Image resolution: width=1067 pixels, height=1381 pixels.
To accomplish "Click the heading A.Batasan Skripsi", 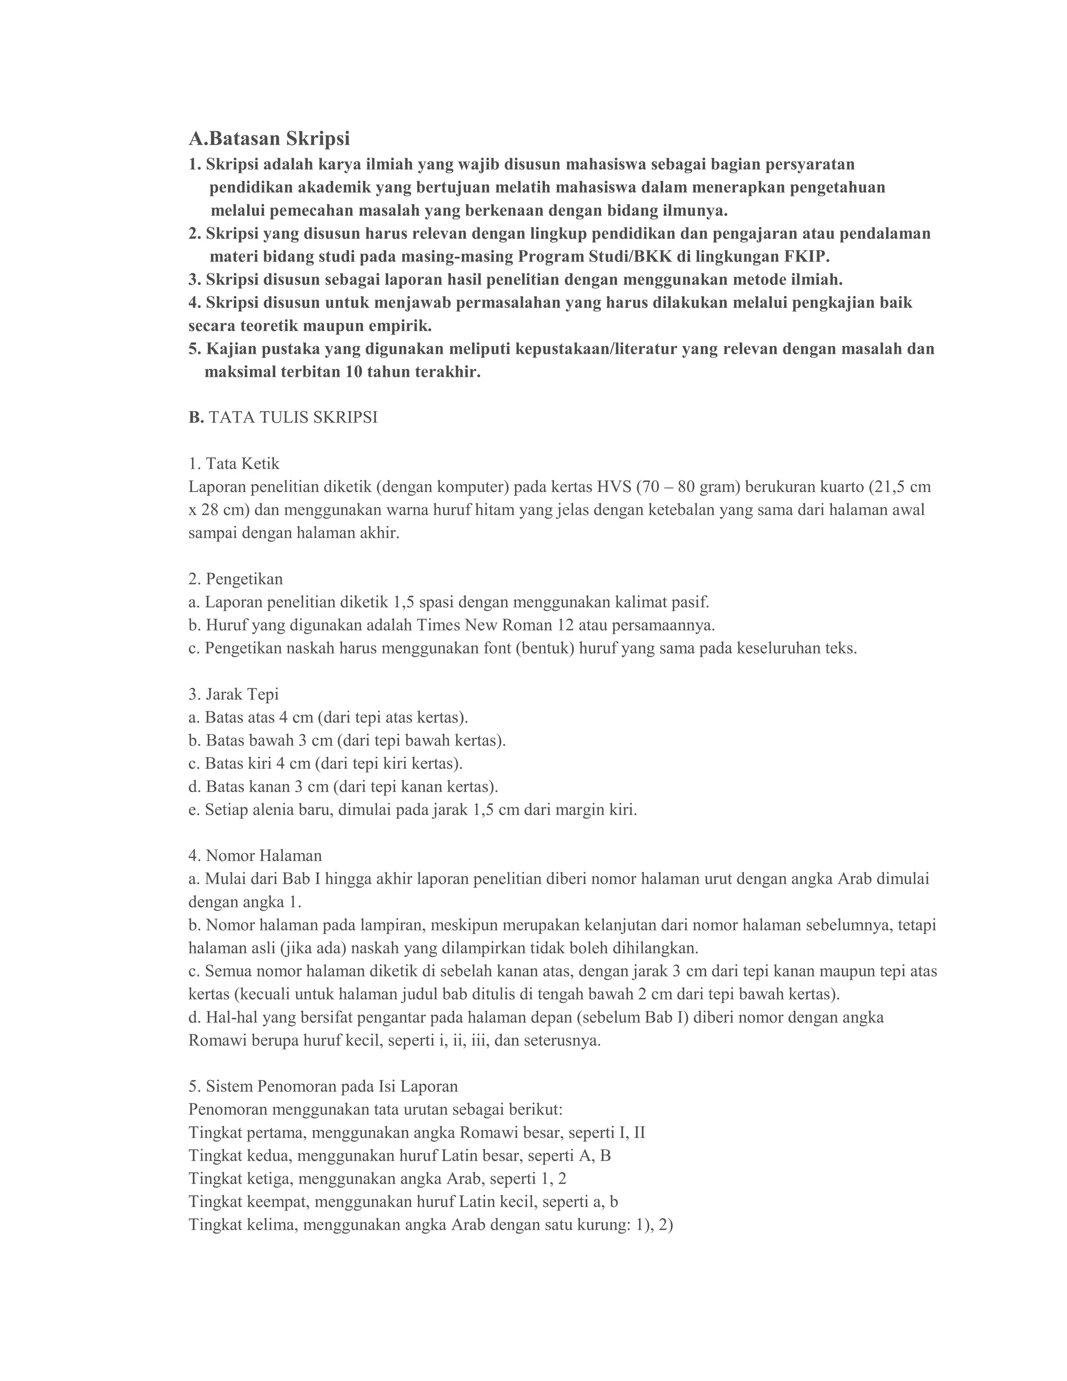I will point(269,139).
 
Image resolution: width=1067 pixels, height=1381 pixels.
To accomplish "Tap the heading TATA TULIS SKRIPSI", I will point(293,418).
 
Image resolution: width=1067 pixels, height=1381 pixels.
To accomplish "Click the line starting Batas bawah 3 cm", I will point(347,741).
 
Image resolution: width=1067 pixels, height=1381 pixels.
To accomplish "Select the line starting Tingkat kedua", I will point(400,1156).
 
